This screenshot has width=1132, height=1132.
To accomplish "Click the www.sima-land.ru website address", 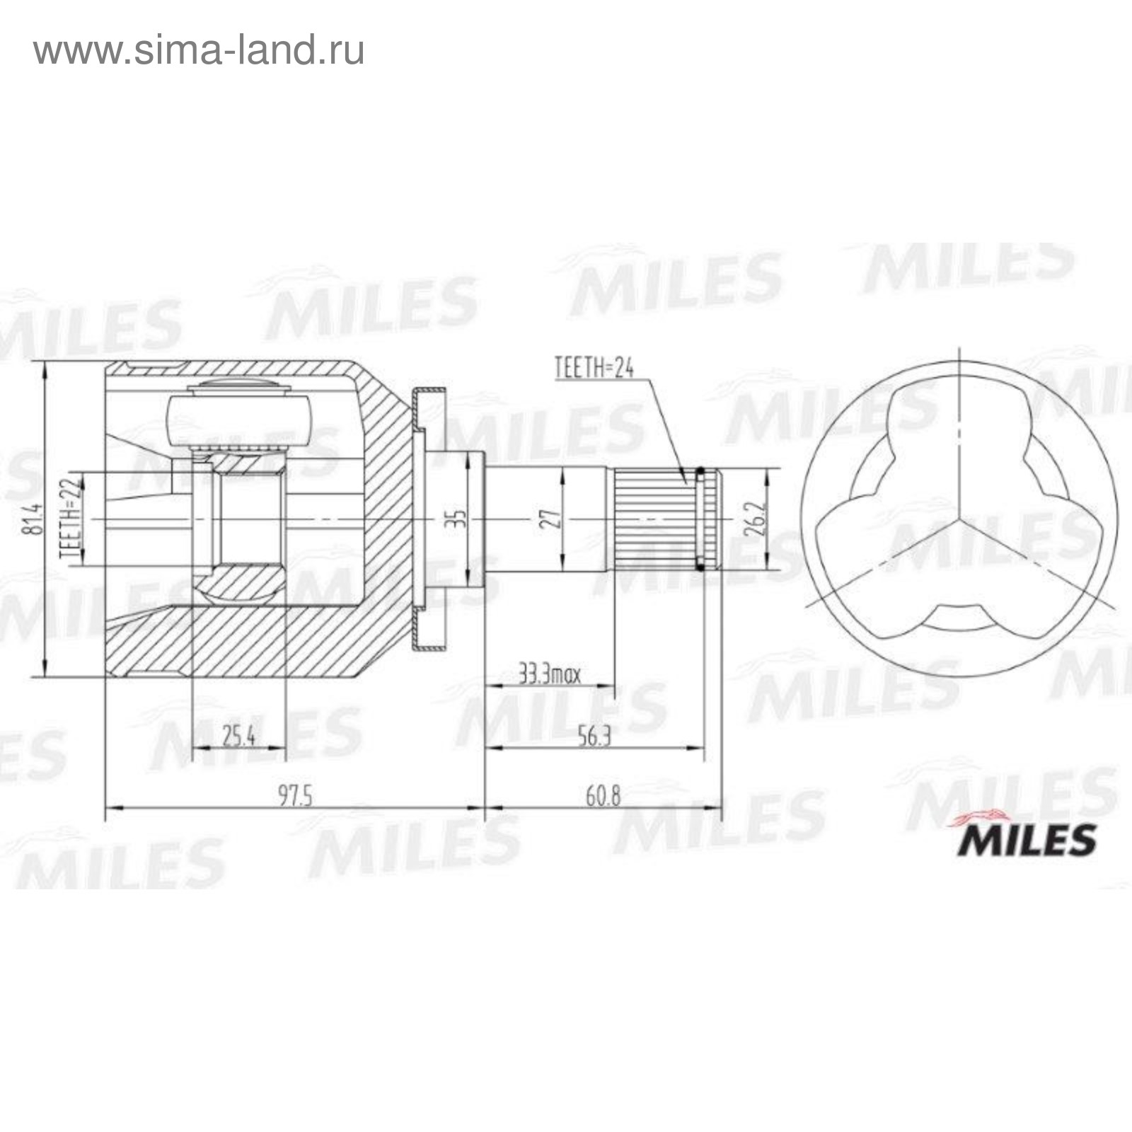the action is pyautogui.click(x=199, y=50).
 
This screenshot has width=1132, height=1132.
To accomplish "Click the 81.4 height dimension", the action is pyautogui.click(x=32, y=519).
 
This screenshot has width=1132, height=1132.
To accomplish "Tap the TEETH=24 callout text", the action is pyautogui.click(x=594, y=368).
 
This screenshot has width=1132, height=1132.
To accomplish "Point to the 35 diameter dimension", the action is pyautogui.click(x=459, y=519).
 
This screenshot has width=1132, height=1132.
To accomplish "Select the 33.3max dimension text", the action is pyautogui.click(x=550, y=674).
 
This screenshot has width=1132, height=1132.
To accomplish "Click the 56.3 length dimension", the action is pyautogui.click(x=594, y=737).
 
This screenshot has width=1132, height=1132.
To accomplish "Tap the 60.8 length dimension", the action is pyautogui.click(x=603, y=796).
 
